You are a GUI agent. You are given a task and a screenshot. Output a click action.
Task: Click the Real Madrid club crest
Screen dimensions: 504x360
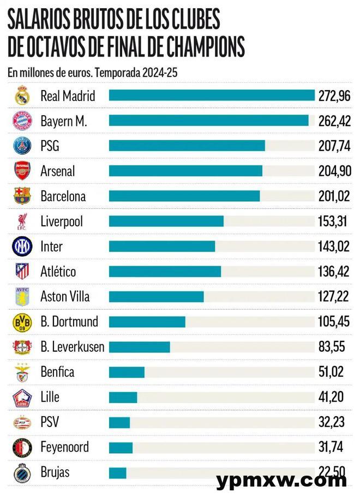click(x=22, y=95)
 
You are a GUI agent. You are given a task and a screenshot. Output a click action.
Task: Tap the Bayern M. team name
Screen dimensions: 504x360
click(x=63, y=121)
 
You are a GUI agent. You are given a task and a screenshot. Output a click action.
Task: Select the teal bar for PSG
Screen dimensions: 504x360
click(x=187, y=146)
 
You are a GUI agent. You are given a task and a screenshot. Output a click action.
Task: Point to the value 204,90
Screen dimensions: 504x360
click(x=334, y=171)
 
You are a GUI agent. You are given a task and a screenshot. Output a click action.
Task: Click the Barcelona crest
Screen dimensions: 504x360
click(x=22, y=196)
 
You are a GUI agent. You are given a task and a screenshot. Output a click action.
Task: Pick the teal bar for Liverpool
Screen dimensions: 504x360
click(x=166, y=221)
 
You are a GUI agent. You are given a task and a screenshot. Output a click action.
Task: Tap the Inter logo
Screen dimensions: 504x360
click(x=22, y=247)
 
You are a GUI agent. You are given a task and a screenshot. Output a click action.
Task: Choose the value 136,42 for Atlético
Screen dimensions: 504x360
click(x=334, y=271)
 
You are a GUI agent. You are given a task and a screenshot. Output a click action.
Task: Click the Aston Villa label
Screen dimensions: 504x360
click(x=65, y=296)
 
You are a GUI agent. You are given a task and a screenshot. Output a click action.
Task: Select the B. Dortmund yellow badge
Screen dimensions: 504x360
click(x=22, y=322)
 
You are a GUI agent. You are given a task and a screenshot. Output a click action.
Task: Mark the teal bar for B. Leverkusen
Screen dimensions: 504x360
click(x=140, y=347)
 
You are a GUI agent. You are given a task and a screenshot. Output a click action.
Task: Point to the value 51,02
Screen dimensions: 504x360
click(x=331, y=372)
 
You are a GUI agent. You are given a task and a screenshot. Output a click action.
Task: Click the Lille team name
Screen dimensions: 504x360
click(x=50, y=397)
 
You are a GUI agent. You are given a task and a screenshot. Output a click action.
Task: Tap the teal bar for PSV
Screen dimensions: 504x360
click(x=119, y=422)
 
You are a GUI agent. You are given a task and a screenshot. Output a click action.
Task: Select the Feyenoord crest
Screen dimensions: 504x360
click(x=22, y=447)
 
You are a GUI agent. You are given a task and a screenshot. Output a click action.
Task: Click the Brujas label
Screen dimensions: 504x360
click(x=55, y=472)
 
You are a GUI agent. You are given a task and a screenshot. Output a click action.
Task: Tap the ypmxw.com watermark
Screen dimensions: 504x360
click(x=281, y=481)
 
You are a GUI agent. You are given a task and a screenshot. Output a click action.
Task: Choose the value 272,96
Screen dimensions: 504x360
click(x=334, y=95)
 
